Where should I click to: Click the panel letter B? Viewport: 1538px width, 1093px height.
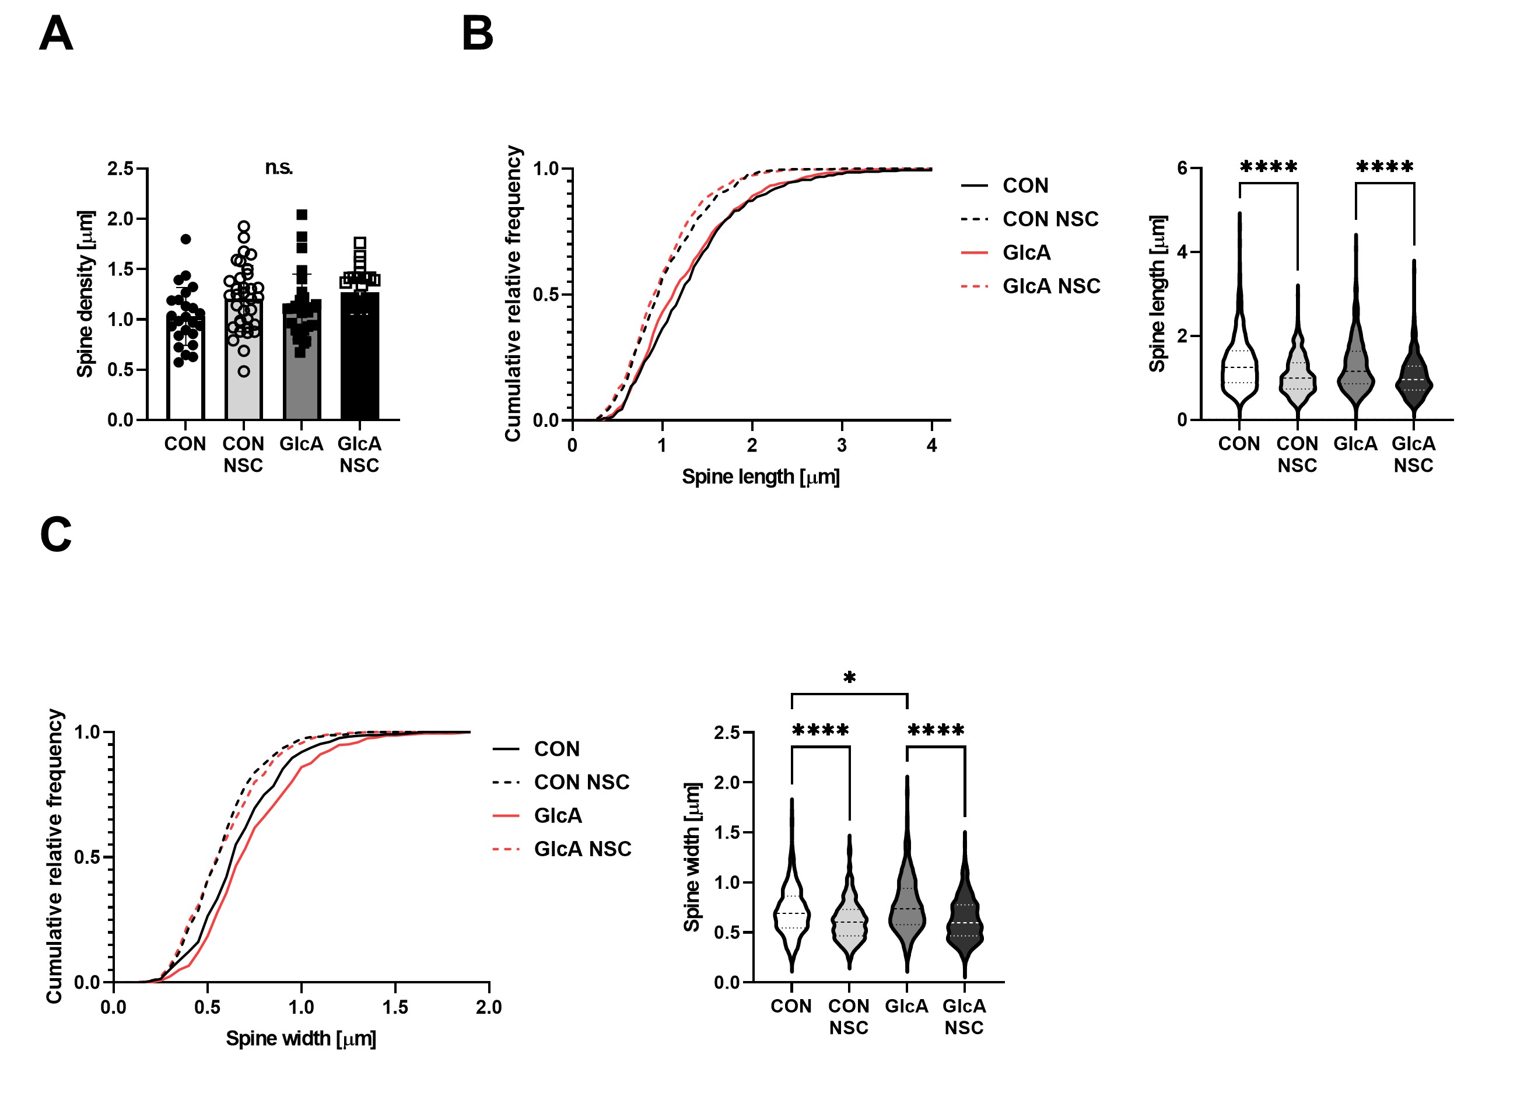[477, 34]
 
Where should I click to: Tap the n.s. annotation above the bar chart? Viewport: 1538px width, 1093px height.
[279, 167]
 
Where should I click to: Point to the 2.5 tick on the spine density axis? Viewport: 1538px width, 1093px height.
[121, 168]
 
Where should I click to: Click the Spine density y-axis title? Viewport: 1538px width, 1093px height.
[86, 294]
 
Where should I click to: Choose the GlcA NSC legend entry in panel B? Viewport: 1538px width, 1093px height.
[1050, 286]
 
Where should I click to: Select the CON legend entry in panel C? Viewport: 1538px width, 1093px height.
[556, 749]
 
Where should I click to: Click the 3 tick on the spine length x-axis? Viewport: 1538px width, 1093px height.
[842, 445]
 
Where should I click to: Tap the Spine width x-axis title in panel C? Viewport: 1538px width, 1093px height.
[301, 1039]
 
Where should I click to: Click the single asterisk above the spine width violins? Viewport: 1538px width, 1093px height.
[849, 678]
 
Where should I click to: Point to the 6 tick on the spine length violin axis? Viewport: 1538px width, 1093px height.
[1183, 168]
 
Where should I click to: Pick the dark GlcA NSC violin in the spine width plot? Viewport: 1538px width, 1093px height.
[965, 922]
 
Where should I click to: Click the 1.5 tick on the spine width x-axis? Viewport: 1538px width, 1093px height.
[395, 1007]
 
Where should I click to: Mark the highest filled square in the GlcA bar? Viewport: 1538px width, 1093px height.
[302, 215]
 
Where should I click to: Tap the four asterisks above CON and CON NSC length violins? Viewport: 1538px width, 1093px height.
[1268, 167]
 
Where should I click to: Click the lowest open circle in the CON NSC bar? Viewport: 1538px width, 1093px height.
[244, 371]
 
